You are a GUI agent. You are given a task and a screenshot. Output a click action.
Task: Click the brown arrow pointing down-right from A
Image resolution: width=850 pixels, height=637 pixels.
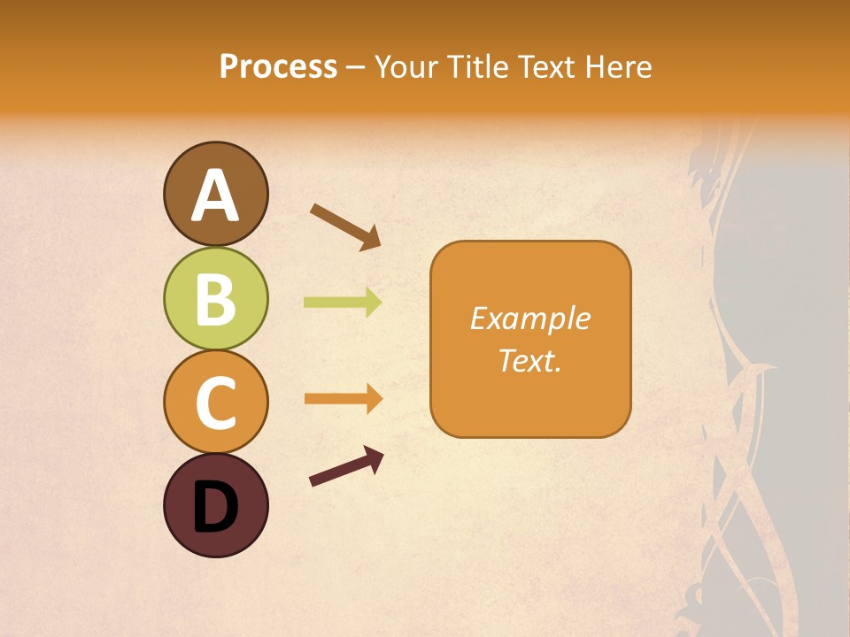pos(345,225)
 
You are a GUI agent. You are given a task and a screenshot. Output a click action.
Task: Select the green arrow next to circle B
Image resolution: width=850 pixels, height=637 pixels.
pos(343,303)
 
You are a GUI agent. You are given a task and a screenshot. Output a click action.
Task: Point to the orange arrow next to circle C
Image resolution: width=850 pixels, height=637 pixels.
pos(343,399)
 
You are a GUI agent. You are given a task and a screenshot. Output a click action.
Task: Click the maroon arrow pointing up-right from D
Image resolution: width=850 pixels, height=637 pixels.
pos(346,466)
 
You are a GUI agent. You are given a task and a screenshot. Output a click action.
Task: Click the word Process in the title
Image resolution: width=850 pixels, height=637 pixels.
pos(278,66)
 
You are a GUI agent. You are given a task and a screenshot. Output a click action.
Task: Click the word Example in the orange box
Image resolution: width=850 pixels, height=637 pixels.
pos(529,318)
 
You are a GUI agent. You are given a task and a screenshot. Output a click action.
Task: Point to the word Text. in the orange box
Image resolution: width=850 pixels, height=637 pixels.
pos(529,361)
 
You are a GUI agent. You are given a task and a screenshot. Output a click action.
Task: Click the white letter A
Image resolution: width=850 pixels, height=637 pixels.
pos(215,195)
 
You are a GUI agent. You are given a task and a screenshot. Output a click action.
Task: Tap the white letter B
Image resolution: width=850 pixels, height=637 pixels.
pos(215,299)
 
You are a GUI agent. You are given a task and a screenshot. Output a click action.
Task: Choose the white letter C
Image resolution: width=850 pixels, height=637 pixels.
pos(215,403)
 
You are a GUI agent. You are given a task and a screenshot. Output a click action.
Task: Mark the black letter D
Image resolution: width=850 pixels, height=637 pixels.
pos(215,507)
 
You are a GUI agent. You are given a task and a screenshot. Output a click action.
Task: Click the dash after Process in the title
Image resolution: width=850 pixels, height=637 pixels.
pos(355,68)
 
